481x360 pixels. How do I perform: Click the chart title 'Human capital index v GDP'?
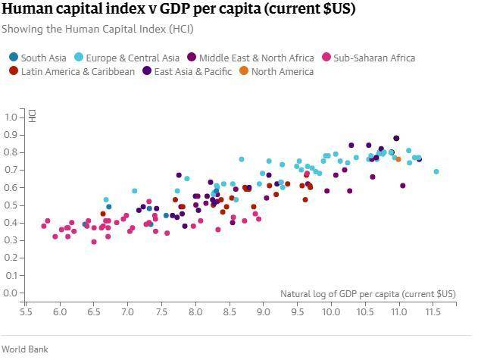tap(178, 10)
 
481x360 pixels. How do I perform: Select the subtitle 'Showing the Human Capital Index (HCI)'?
tap(97, 29)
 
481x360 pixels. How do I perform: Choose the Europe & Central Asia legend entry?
tap(127, 58)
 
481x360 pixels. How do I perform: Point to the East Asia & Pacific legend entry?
tap(186, 72)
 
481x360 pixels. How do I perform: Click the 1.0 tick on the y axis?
tap(11, 117)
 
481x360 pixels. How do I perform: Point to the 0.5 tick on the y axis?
tap(11, 205)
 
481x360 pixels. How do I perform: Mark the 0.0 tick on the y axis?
tap(11, 293)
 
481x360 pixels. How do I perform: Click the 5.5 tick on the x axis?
tap(27, 311)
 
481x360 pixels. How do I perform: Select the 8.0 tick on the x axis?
tap(196, 311)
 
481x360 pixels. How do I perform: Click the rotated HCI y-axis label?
tap(33, 116)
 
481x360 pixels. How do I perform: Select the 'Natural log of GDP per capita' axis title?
tap(368, 294)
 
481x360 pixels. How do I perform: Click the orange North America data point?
tap(398, 159)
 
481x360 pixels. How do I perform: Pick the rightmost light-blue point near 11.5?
tap(436, 172)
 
